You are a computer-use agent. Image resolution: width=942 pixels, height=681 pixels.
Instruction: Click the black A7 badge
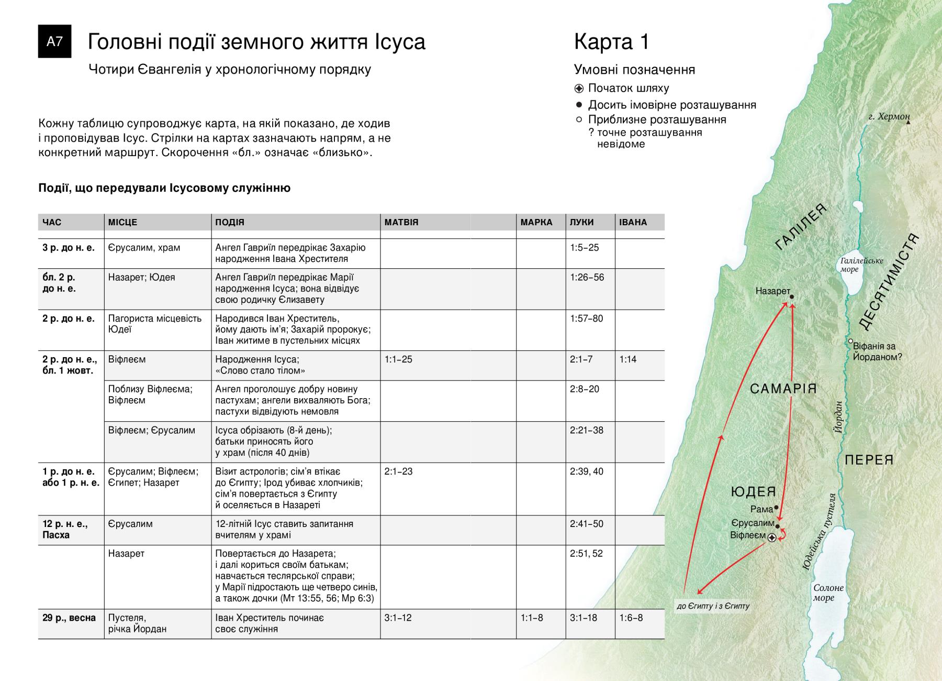tap(54, 41)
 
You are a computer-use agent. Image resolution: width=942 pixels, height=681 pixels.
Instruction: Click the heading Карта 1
tap(611, 42)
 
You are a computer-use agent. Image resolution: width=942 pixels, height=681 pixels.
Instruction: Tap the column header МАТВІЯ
tap(401, 222)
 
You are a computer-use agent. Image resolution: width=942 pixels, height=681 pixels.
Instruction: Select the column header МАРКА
tap(536, 222)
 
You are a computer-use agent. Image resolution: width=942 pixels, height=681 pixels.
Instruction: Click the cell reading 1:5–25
tap(585, 248)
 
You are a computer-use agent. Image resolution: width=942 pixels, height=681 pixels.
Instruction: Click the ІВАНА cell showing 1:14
tap(628, 359)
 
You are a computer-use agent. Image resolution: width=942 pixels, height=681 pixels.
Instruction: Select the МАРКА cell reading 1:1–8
tap(532, 618)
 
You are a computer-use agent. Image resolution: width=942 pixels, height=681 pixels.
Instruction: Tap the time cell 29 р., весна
tap(69, 618)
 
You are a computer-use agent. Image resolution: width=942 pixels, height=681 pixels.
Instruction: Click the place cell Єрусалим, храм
tap(144, 248)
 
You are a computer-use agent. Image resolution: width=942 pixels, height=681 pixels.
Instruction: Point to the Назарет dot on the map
tap(792, 297)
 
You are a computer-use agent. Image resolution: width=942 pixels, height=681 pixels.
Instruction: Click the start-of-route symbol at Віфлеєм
tap(772, 537)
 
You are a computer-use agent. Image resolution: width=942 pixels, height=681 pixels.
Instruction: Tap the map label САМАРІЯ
tap(783, 389)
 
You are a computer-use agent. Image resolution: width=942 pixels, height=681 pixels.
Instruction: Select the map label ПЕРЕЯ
tap(869, 460)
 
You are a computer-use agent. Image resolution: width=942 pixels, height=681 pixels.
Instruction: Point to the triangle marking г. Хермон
tap(909, 123)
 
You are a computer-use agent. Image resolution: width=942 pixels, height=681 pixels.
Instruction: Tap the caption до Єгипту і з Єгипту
tap(713, 606)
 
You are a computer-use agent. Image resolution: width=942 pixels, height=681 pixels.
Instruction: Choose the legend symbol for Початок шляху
tap(579, 89)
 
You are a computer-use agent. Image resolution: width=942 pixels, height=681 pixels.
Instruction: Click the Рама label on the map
tap(761, 509)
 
